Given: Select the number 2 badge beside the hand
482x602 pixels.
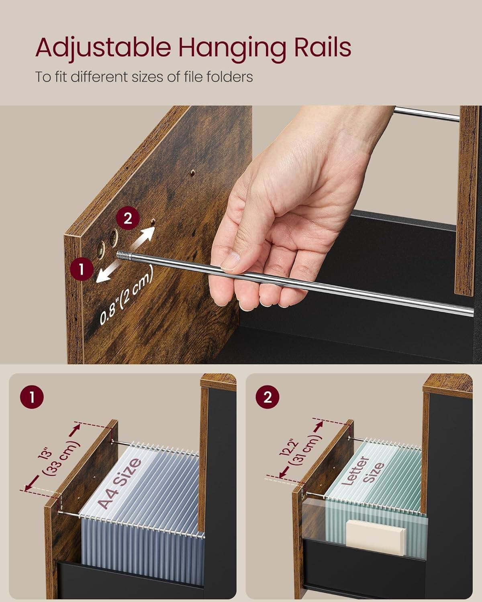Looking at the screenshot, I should pyautogui.click(x=128, y=219).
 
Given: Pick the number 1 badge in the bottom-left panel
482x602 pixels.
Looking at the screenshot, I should pyautogui.click(x=31, y=398).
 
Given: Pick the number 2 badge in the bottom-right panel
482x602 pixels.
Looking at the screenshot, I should pyautogui.click(x=268, y=398).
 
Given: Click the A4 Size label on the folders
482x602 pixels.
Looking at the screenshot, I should pyautogui.click(x=120, y=483).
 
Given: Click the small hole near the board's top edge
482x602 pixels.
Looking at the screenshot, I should pyautogui.click(x=193, y=173).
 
